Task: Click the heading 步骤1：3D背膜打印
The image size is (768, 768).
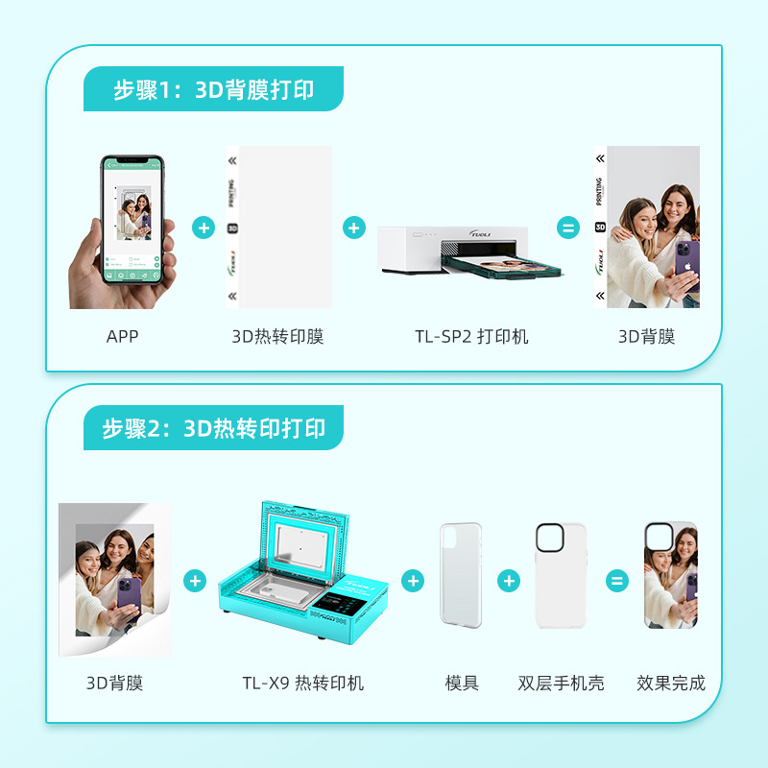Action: point(213,90)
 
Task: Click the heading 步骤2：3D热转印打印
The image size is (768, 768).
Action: point(213,428)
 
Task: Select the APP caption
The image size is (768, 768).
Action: point(123,336)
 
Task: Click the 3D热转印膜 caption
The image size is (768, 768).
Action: point(277,336)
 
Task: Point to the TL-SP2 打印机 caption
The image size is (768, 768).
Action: point(471,336)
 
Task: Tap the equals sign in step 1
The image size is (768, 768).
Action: point(568,228)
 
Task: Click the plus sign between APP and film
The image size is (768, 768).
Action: point(203,228)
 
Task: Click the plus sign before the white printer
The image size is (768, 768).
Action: point(354,228)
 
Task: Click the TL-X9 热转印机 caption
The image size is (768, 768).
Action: point(302,684)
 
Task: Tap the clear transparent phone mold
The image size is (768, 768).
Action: point(461,575)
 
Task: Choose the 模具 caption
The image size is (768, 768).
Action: point(462,684)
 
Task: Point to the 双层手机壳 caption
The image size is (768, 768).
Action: point(561,684)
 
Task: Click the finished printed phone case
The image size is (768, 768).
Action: point(670,575)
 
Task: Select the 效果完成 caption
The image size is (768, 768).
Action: point(670,684)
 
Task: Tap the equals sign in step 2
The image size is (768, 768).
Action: point(616,581)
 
